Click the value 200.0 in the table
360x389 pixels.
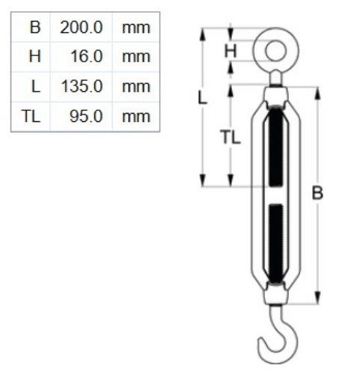pyautogui.click(x=82, y=28)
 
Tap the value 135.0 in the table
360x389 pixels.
pyautogui.click(x=82, y=86)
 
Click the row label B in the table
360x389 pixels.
pyautogui.click(x=34, y=28)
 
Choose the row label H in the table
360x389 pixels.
pyautogui.click(x=34, y=57)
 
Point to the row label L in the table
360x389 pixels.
pyautogui.click(x=35, y=86)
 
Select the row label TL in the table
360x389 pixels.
pyautogui.click(x=31, y=116)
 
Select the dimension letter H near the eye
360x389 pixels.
pyautogui.click(x=231, y=52)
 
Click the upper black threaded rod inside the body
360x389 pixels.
pyautogui.click(x=275, y=146)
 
